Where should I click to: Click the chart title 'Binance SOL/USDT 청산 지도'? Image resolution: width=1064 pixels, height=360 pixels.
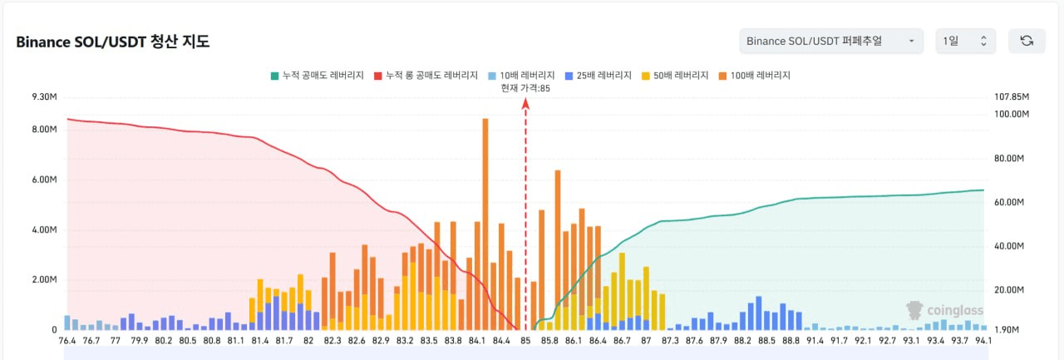click(x=113, y=42)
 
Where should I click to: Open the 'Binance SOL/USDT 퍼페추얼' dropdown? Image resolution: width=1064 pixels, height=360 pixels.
click(x=830, y=41)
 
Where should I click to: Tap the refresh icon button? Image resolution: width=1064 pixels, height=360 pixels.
click(x=1027, y=41)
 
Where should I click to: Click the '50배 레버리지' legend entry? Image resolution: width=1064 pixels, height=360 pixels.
click(x=675, y=76)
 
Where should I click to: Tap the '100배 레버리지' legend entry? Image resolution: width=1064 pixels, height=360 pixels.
click(x=754, y=76)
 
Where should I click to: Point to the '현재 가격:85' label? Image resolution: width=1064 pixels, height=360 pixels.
click(x=525, y=87)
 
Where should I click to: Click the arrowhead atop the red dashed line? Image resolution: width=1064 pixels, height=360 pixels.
click(x=525, y=102)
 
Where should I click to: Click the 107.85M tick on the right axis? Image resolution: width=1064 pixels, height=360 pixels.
click(x=1012, y=97)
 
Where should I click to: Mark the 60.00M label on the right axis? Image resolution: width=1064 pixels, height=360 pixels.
click(x=1011, y=203)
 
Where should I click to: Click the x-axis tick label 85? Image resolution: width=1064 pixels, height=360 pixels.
click(x=525, y=340)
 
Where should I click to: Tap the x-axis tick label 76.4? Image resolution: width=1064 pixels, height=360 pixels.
click(x=66, y=340)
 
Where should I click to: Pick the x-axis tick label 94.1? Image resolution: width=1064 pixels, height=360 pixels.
click(x=983, y=340)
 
